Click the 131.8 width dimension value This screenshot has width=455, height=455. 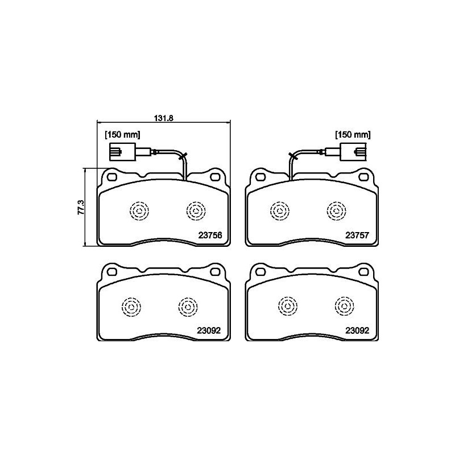164,118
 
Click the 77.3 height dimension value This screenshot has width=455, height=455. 81,207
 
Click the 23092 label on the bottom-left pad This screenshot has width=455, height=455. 209,329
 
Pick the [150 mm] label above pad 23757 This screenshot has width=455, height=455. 353,135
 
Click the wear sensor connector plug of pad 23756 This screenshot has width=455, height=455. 121,152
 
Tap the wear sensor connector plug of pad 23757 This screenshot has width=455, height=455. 353,152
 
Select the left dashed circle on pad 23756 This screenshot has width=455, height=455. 138,211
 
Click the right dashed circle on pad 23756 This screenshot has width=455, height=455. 196,211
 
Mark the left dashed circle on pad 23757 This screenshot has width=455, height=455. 279,211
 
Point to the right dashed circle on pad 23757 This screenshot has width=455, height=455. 336,211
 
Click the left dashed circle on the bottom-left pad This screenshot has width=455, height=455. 130,307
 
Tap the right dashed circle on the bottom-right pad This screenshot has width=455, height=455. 344,307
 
